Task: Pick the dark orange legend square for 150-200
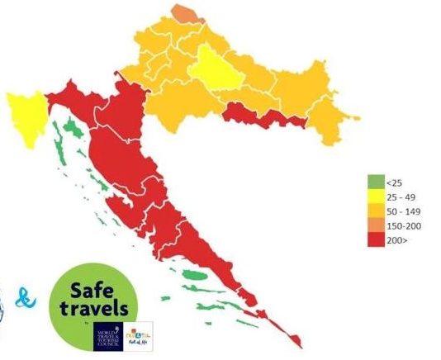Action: tap(373, 225)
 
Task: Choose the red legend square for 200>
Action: tap(373, 239)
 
